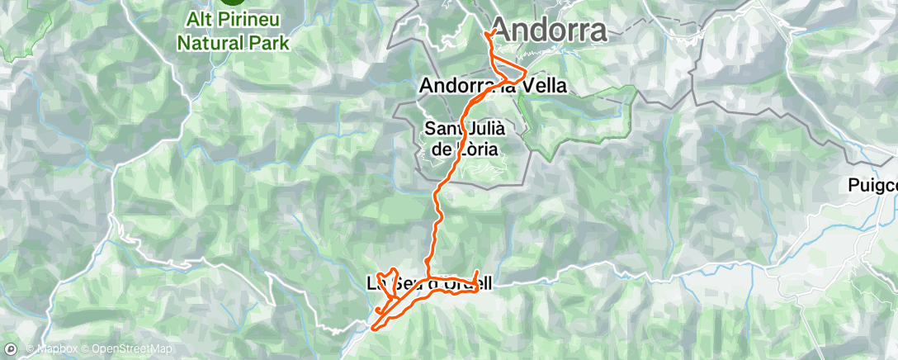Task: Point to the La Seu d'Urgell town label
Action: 429,284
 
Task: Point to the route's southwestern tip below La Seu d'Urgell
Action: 375,328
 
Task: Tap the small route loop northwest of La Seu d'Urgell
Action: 386,276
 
